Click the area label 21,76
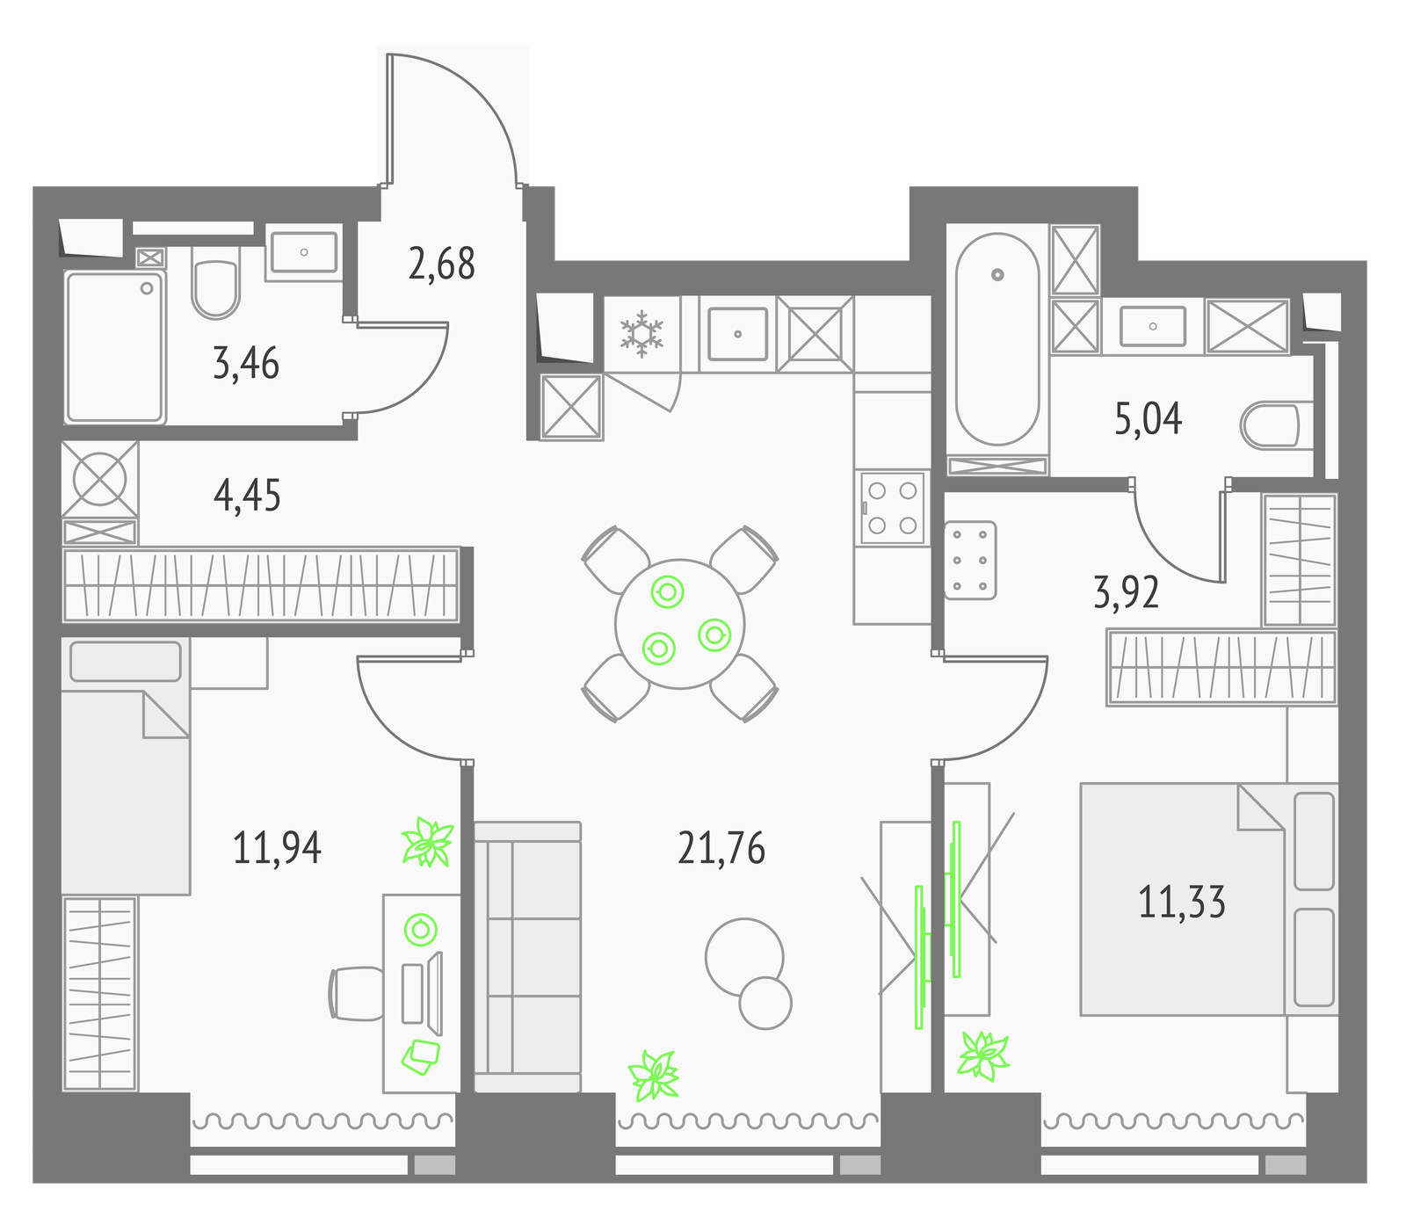tap(721, 848)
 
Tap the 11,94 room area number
tap(277, 848)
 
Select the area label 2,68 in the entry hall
tap(441, 264)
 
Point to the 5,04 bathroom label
tap(1148, 419)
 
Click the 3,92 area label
tap(1126, 592)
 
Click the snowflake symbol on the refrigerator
tap(642, 333)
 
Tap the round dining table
tap(680, 624)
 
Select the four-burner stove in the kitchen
tap(892, 508)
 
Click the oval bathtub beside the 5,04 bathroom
tap(997, 339)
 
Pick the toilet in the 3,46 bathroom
tap(215, 283)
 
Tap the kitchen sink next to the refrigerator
tap(737, 333)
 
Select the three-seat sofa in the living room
tap(527, 957)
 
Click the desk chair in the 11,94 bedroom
tap(357, 994)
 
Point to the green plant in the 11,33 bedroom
tap(983, 1055)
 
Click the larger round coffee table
tap(744, 958)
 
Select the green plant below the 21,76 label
tap(654, 1075)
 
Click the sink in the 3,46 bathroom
tap(303, 252)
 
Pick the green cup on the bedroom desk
tap(421, 930)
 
